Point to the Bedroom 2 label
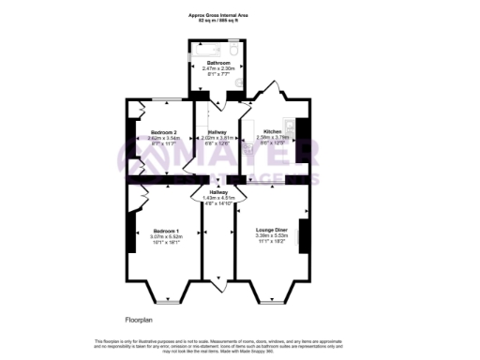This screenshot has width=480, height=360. point(151,132)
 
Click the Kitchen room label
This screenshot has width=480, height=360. point(272,132)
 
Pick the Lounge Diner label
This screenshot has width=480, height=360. point(270,228)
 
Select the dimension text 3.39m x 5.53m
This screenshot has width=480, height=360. point(270,233)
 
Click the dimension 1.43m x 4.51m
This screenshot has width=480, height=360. point(218,197)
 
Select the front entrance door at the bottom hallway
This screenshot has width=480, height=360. point(218,280)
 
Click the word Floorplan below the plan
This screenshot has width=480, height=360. point(140,319)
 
